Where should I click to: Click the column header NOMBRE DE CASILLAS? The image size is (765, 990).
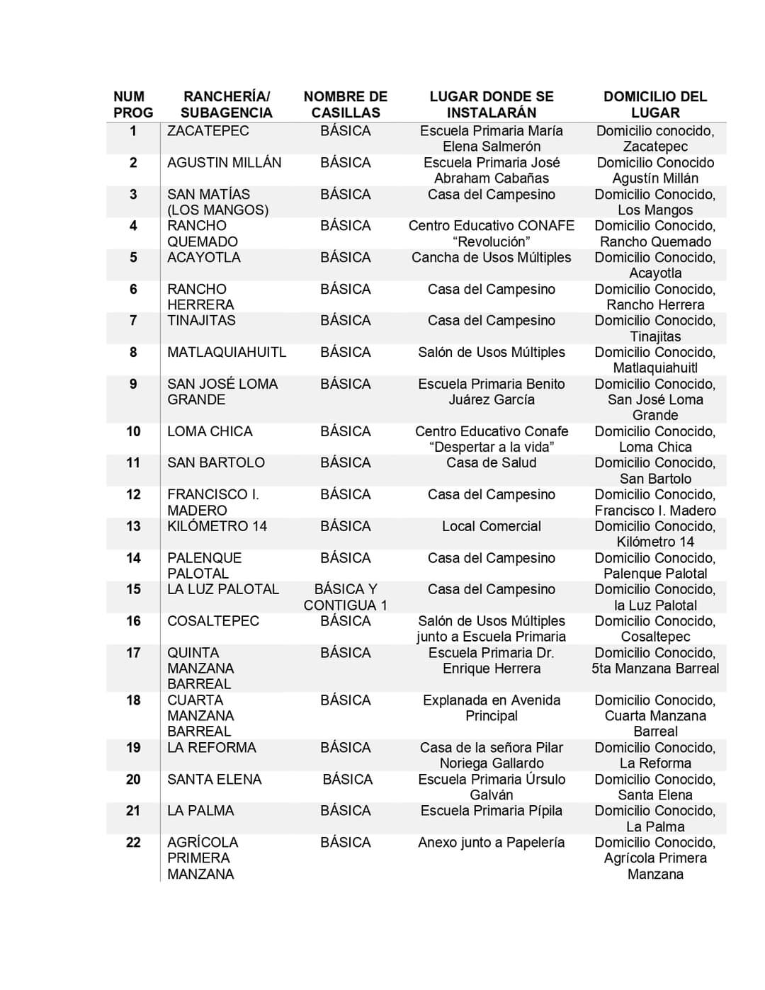(345, 105)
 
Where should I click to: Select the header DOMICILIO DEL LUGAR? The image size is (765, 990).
(654, 105)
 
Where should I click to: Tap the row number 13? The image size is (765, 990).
(133, 526)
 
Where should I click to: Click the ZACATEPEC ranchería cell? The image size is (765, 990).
(208, 131)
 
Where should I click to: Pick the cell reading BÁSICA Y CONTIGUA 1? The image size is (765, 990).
(345, 597)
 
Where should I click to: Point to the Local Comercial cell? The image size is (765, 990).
(491, 526)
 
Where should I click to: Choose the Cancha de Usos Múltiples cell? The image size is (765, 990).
(491, 258)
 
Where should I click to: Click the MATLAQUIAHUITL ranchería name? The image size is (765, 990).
(227, 352)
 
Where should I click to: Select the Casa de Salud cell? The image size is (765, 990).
(491, 462)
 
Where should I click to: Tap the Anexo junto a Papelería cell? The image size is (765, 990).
(491, 842)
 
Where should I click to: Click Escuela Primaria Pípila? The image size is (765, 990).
(491, 811)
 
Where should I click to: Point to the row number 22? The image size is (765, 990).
(133, 842)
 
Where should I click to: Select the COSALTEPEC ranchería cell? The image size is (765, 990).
(213, 621)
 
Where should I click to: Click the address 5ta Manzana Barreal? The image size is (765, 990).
(654, 668)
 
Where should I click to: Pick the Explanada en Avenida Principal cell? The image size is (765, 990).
(491, 708)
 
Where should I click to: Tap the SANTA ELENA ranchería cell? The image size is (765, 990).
(214, 779)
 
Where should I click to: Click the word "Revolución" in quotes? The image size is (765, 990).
(491, 241)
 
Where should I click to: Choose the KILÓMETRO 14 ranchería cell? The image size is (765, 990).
(217, 526)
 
